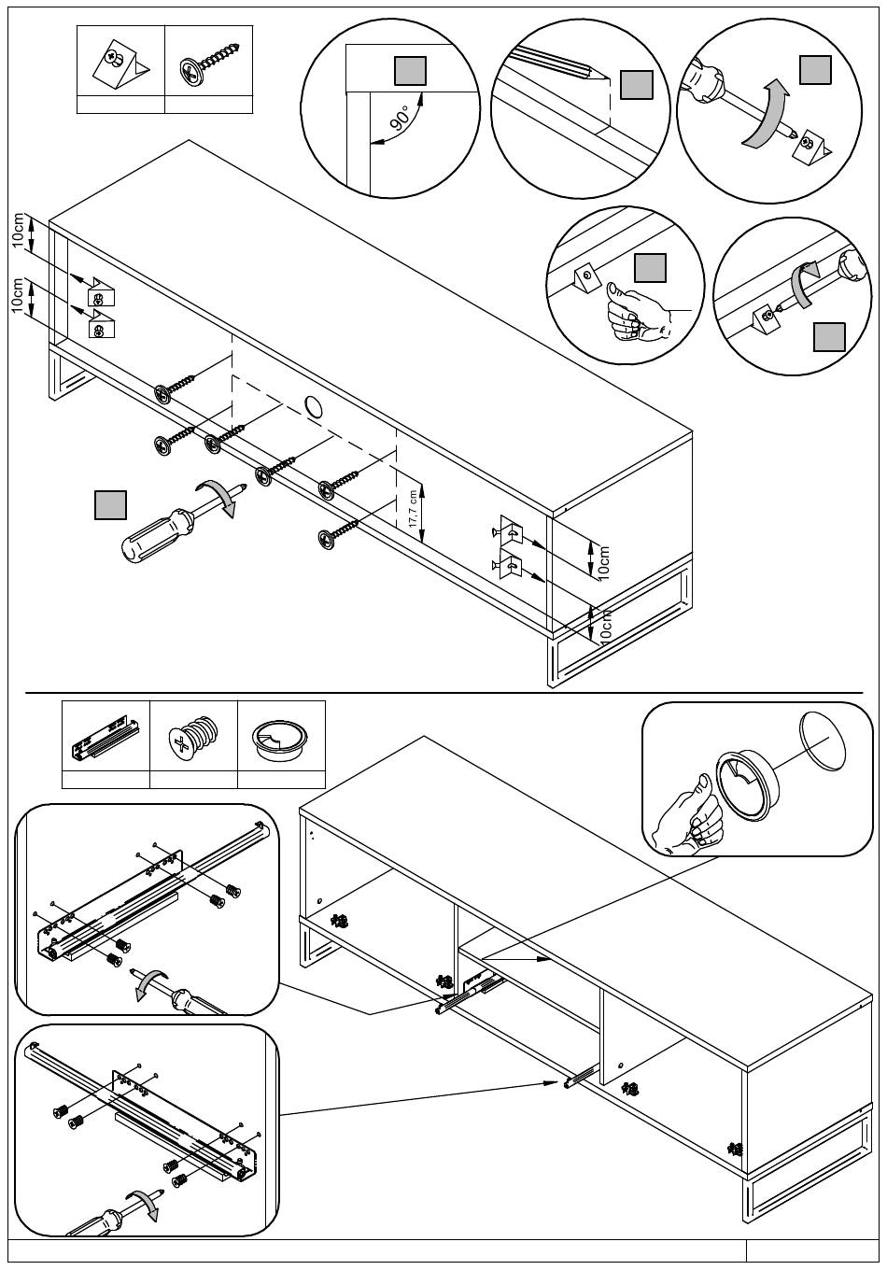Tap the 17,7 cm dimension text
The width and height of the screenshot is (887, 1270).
pyautogui.click(x=413, y=510)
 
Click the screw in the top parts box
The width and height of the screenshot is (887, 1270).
pyautogui.click(x=213, y=61)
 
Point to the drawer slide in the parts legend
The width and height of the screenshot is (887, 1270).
pyautogui.click(x=106, y=736)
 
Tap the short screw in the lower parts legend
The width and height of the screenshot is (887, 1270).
pyautogui.click(x=194, y=737)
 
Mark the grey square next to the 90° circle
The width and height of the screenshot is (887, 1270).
pyautogui.click(x=411, y=71)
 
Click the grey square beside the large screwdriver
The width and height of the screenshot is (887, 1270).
pyautogui.click(x=111, y=504)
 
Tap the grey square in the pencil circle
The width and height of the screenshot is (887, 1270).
pyautogui.click(x=637, y=85)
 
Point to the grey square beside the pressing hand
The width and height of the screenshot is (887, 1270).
pyautogui.click(x=650, y=268)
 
